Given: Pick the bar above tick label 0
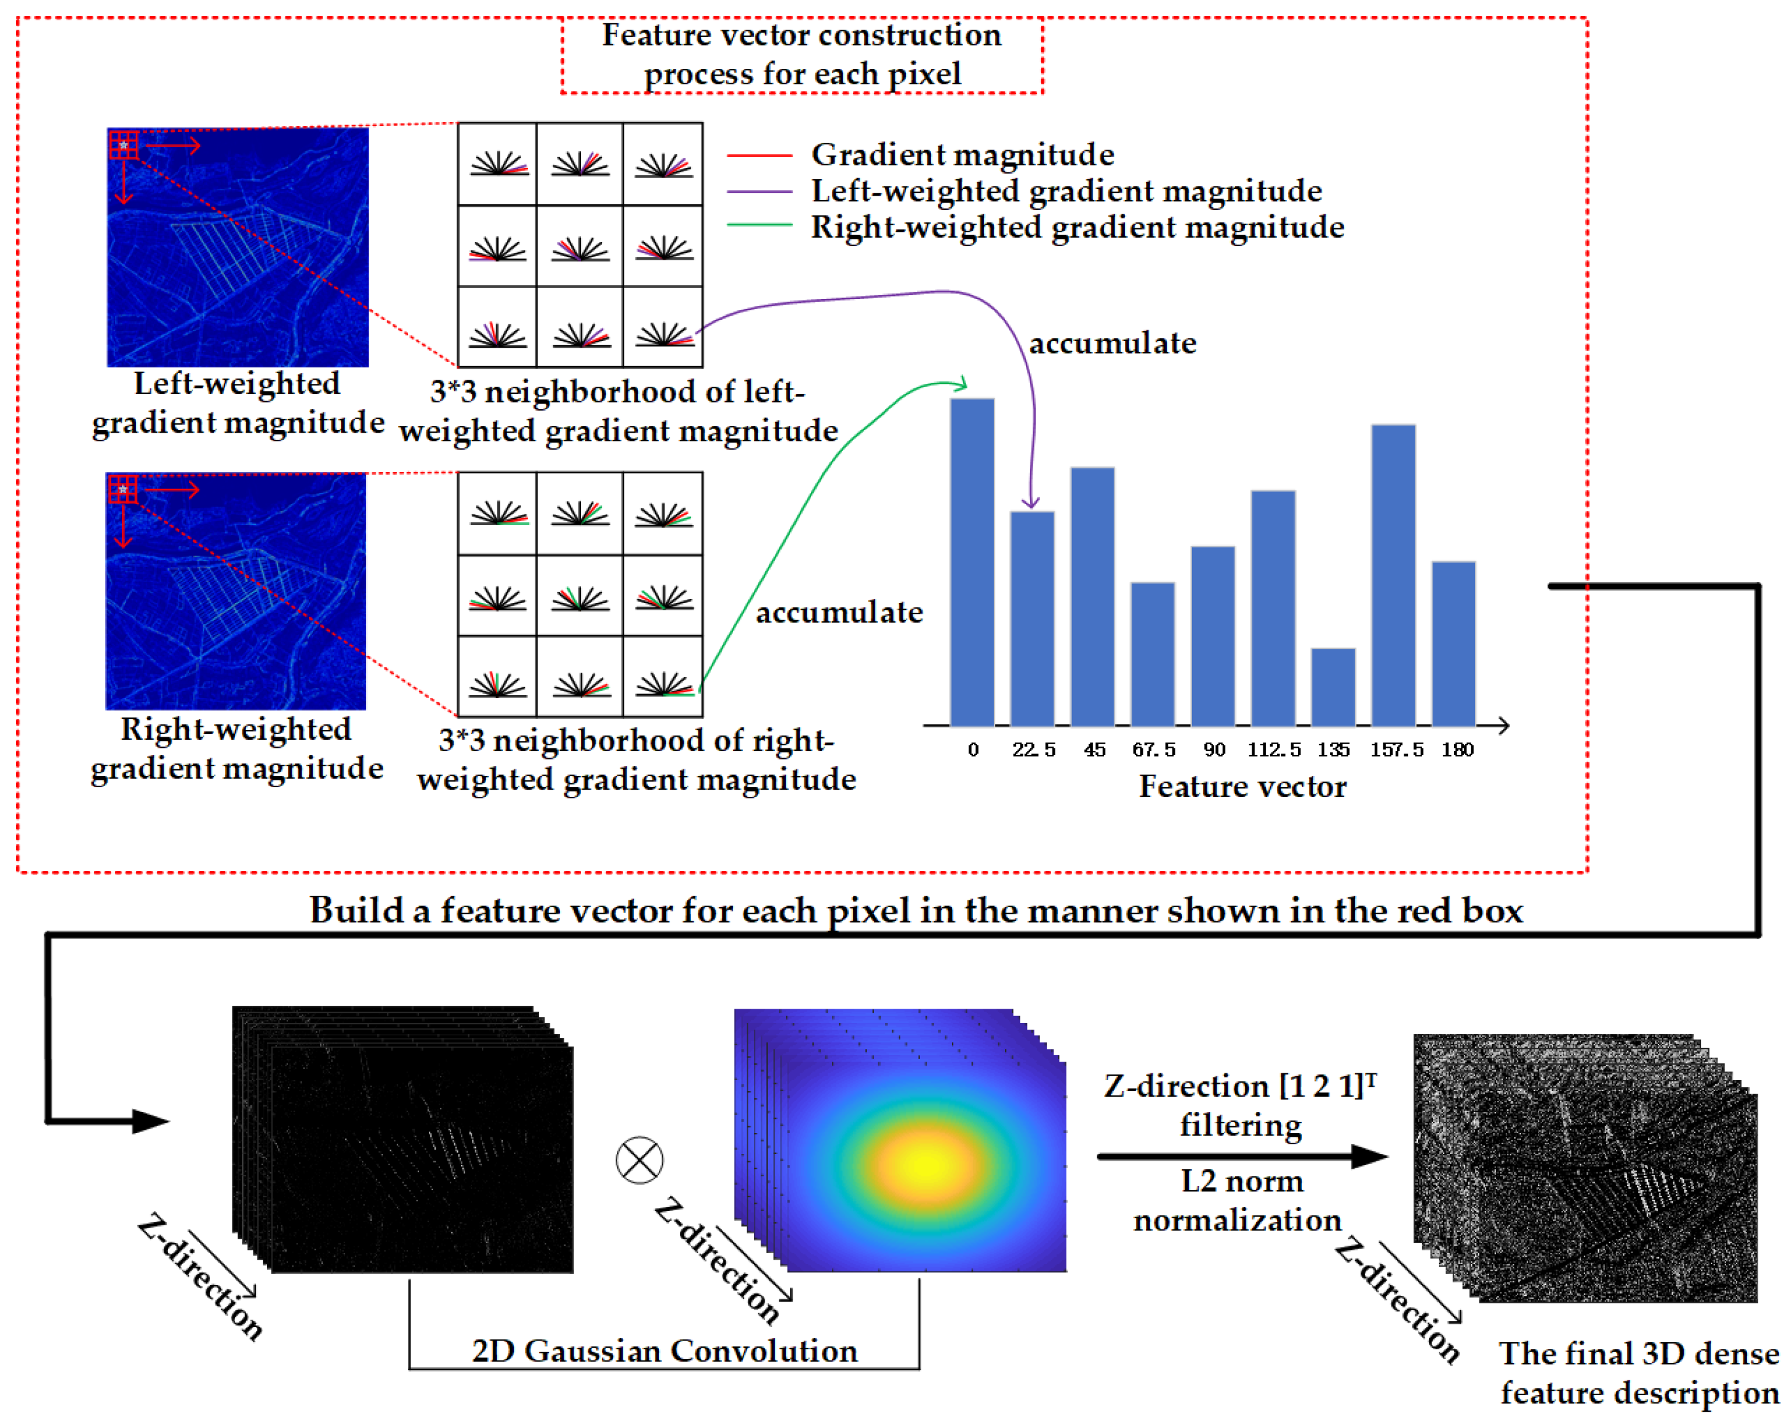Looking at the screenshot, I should (x=972, y=562).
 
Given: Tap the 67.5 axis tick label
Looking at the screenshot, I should (x=1154, y=750).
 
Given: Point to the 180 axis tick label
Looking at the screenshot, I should (x=1457, y=750).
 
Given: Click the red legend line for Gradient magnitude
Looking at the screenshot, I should (x=759, y=156).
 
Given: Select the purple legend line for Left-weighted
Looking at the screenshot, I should (x=759, y=192).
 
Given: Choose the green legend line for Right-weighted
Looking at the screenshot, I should (x=759, y=225).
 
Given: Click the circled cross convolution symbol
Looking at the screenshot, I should (x=639, y=1160).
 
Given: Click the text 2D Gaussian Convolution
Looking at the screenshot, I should (x=664, y=1350).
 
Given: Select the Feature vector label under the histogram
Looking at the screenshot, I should (x=1242, y=786).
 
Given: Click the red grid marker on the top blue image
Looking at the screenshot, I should (x=123, y=145).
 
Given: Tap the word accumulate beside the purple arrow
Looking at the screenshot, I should (x=1112, y=343).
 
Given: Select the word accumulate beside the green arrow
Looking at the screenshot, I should (x=839, y=612).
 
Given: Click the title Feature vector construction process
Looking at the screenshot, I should (x=801, y=54).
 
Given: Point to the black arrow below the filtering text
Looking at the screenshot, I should (x=1242, y=1156).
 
